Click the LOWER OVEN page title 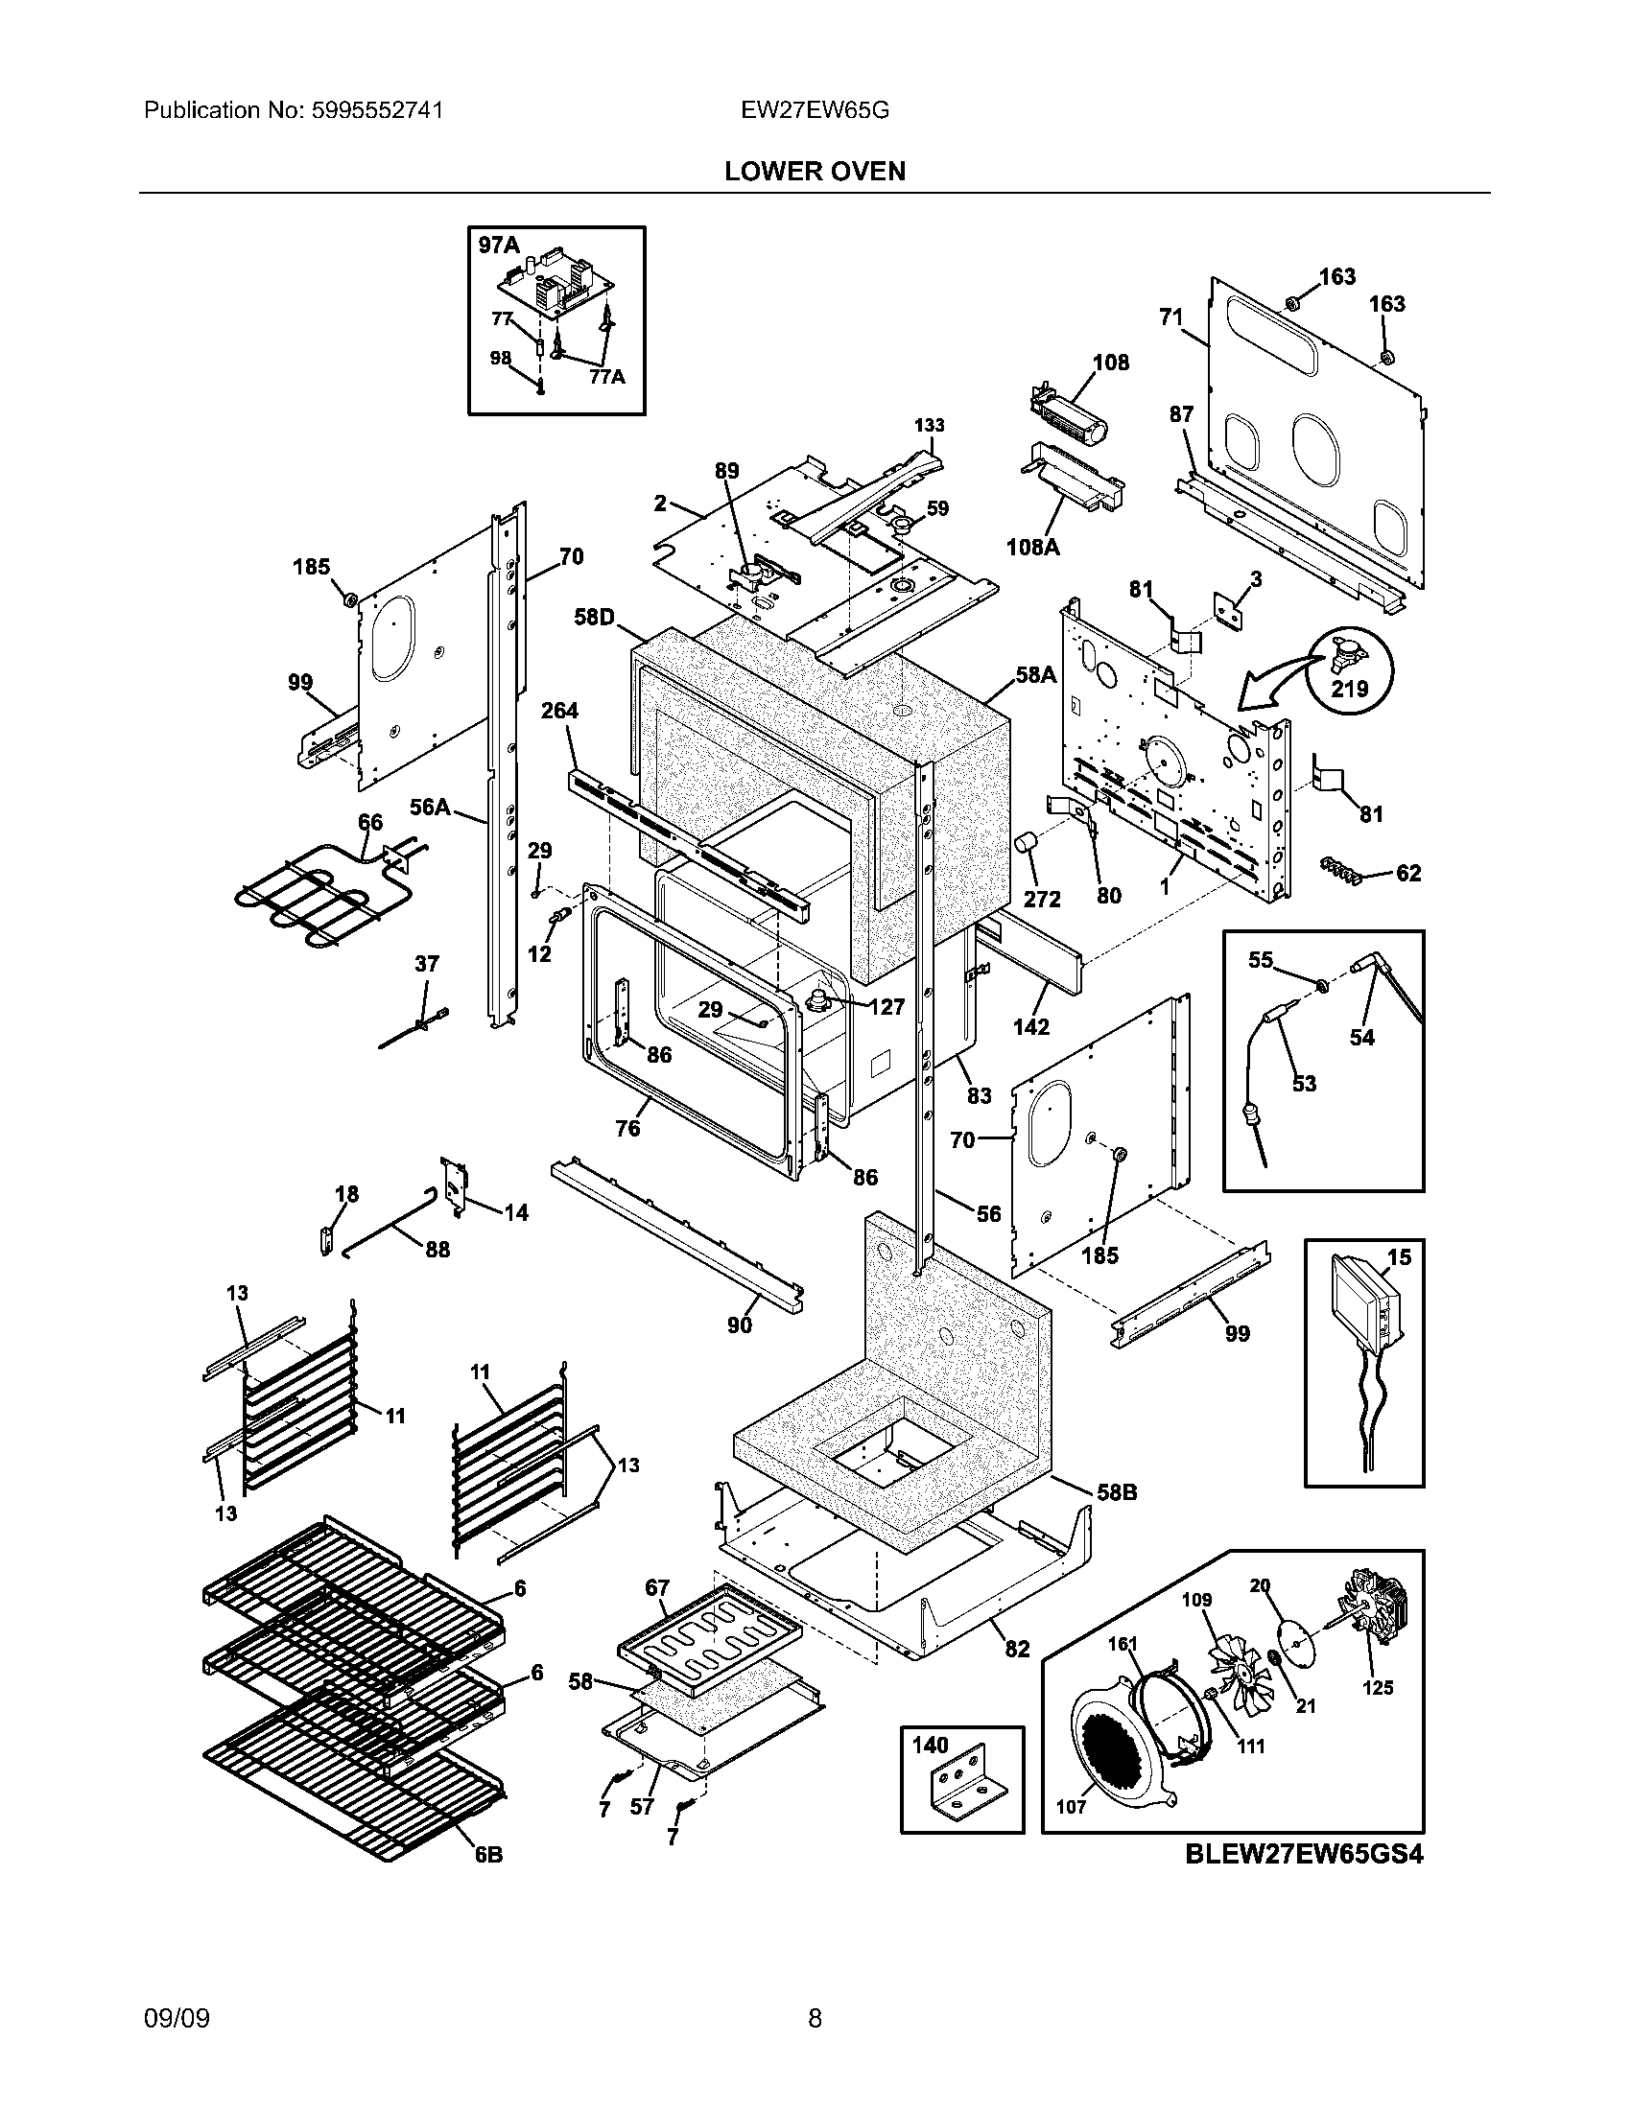[x=815, y=172]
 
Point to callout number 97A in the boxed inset [x=499, y=246]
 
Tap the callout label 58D [x=594, y=617]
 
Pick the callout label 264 [x=558, y=711]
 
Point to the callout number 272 [x=1043, y=899]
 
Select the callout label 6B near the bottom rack [x=488, y=1855]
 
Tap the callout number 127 [x=886, y=1007]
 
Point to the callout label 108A [x=1032, y=547]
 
